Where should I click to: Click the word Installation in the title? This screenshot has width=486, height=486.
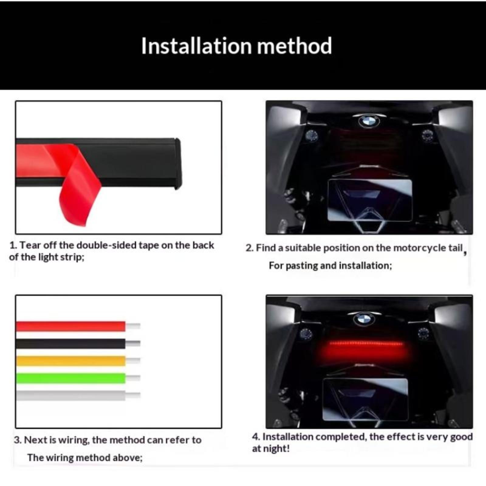[x=197, y=46]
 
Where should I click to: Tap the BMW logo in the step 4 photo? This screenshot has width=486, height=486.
[x=364, y=319]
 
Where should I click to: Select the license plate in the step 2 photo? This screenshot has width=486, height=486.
[x=370, y=200]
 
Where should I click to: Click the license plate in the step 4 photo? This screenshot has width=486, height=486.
[x=365, y=399]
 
